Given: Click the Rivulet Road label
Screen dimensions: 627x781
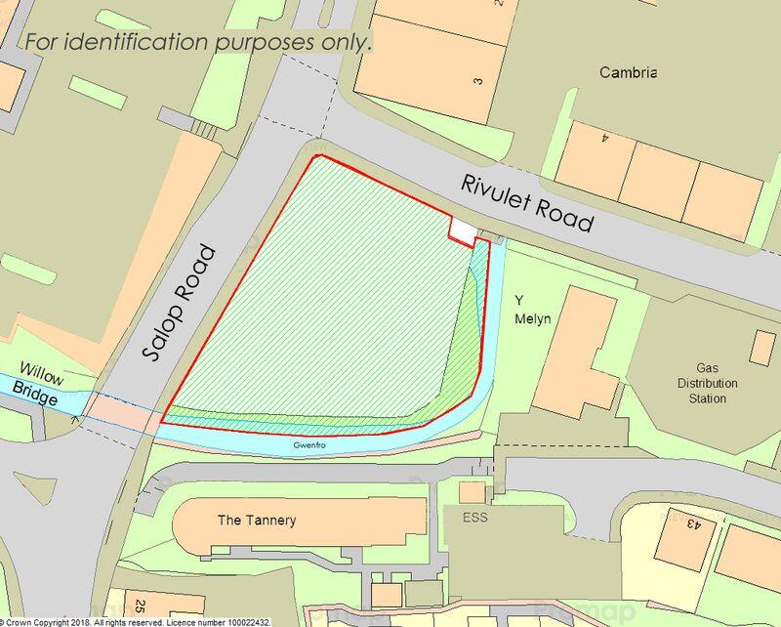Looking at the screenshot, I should click(528, 202).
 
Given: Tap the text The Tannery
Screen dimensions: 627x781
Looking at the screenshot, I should click(256, 521).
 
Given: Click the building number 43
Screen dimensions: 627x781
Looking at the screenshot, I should click(692, 524).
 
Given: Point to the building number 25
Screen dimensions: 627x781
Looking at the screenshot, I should click(140, 607).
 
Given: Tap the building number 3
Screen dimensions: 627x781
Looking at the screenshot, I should click(478, 81).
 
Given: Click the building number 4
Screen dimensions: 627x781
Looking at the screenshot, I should click(605, 138).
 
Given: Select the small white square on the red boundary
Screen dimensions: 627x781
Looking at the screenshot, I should click(463, 229).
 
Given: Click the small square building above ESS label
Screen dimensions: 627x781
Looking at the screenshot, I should click(472, 492).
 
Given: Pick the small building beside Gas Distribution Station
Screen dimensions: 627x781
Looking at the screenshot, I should click(762, 349).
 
